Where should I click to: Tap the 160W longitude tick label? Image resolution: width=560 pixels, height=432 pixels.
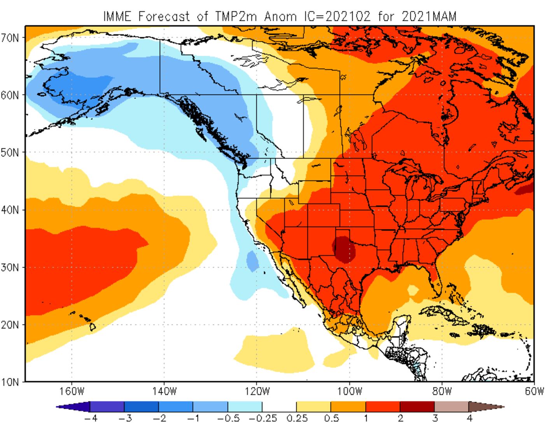(x=72, y=391)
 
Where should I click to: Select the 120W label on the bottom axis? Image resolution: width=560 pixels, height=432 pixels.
(x=257, y=391)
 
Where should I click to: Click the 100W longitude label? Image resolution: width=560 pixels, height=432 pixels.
(x=349, y=391)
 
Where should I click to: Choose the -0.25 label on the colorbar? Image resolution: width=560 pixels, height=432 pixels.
(x=263, y=419)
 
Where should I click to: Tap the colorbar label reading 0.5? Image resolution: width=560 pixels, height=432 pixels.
(x=331, y=419)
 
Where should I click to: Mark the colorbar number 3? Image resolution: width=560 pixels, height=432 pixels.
(x=435, y=419)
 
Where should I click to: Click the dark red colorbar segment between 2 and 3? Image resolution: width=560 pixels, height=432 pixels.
(x=417, y=407)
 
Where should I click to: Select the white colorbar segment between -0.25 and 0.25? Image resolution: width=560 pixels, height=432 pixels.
(x=279, y=407)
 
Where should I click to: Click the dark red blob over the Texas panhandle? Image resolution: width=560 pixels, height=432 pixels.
(x=344, y=249)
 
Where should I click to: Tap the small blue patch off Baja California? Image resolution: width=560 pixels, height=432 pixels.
(x=252, y=260)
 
